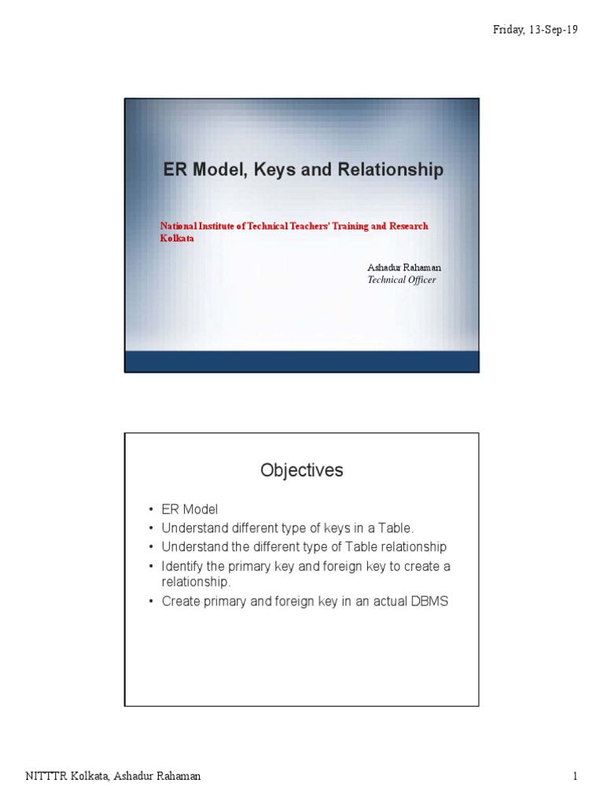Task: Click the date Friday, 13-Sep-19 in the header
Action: [x=536, y=30]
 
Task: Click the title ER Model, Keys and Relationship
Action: [x=304, y=170]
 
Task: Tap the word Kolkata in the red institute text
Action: [x=177, y=238]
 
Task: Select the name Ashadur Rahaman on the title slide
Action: [x=404, y=268]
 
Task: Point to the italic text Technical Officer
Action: [x=402, y=280]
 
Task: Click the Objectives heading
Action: [x=302, y=470]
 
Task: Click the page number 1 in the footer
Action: [x=576, y=777]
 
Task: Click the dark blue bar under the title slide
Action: [x=302, y=361]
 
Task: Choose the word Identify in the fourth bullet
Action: [x=182, y=566]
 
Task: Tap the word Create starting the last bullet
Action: [x=181, y=601]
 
